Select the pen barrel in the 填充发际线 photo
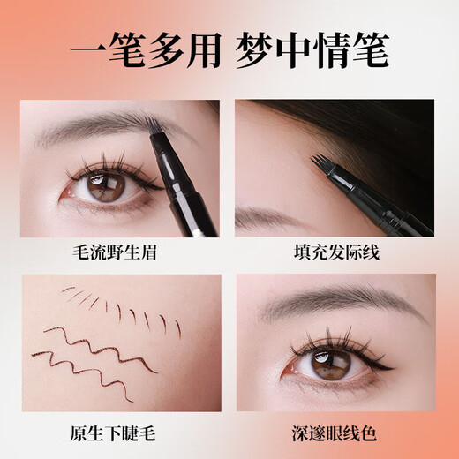click(x=388, y=207)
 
